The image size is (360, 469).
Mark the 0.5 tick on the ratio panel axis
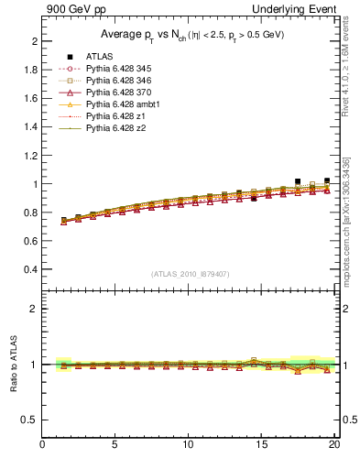(x=30, y=420)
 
